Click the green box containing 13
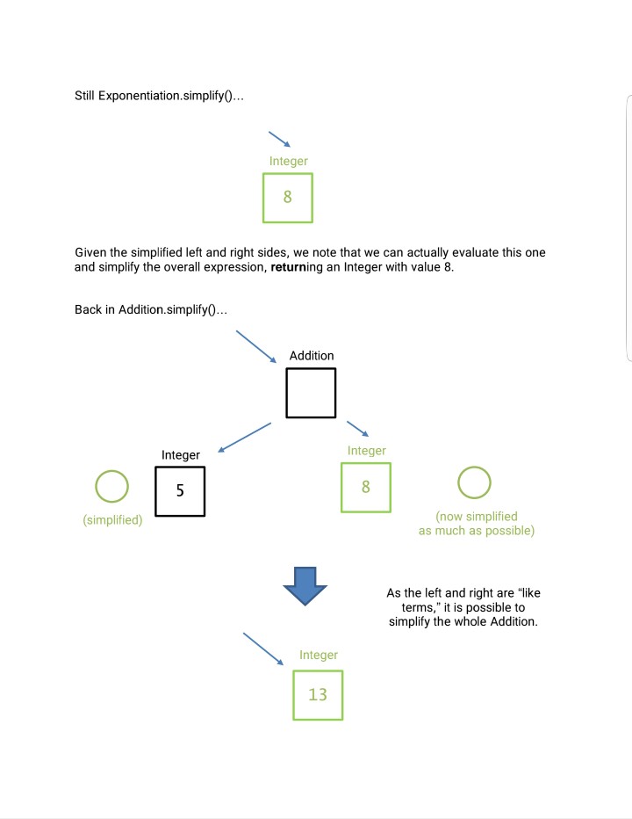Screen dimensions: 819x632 pos(318,695)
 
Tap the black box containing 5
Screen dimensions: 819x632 pos(180,491)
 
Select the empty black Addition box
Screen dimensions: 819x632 pos(311,393)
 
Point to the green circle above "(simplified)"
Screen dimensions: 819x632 pos(111,485)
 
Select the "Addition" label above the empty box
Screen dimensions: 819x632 pos(312,356)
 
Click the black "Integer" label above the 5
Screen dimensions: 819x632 pos(181,454)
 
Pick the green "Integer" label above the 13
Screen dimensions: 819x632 pos(319,655)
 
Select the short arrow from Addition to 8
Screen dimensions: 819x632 pos(358,429)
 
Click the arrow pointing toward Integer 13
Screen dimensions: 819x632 pos(263,649)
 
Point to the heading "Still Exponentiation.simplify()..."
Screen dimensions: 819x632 pos(159,95)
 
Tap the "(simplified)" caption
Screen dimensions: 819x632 pos(113,520)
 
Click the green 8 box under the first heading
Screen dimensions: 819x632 pos(288,198)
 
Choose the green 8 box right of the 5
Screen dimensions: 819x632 pos(366,488)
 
